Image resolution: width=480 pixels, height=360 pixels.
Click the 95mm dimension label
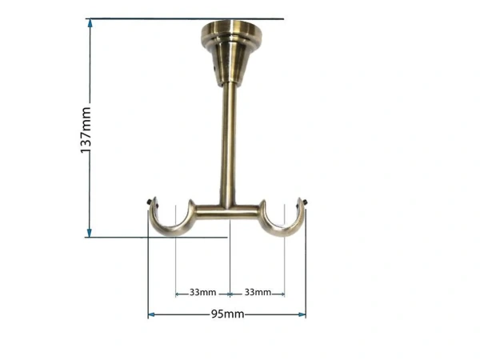pyautogui.click(x=228, y=314)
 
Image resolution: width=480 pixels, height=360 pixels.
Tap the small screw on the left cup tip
pyautogui.click(x=150, y=202)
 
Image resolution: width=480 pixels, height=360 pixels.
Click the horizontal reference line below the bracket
pyautogui.click(x=160, y=236)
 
